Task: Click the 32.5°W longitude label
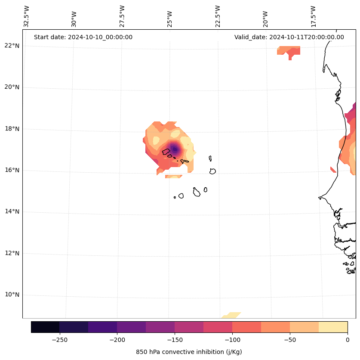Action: coord(27,16)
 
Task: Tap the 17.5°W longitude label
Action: coord(313,16)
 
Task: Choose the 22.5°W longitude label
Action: coord(218,16)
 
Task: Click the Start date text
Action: coord(83,37)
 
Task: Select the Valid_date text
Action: coord(289,37)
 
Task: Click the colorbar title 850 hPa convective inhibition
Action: coord(189,352)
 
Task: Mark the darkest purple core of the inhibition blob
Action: coord(175,149)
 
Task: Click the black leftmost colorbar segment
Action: coord(45,327)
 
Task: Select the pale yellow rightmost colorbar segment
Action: coord(333,327)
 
